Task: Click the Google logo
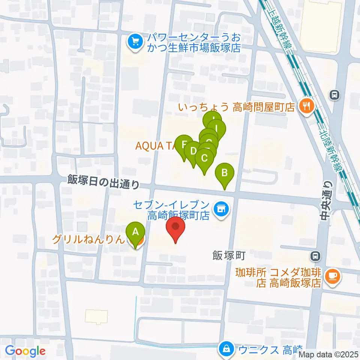(25, 351)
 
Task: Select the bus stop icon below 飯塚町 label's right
(316, 256)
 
